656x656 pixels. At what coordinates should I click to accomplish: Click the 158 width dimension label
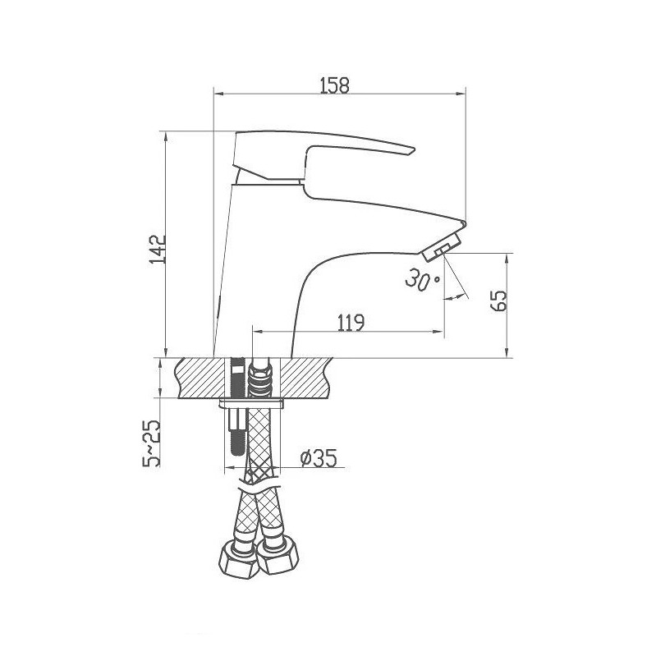click(x=334, y=85)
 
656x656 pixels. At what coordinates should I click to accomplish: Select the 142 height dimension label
click(x=158, y=250)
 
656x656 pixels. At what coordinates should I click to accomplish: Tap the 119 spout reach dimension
click(x=351, y=323)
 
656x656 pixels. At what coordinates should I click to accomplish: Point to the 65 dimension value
click(x=498, y=300)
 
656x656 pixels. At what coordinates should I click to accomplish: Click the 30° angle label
click(x=422, y=279)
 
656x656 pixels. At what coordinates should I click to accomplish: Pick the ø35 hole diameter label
click(x=319, y=458)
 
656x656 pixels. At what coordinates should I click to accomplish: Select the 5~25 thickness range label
click(x=151, y=443)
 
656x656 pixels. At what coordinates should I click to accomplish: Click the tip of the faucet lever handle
click(x=414, y=149)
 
